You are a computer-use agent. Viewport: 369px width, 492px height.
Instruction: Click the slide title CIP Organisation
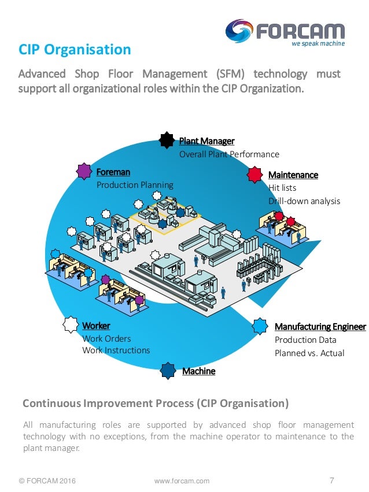coord(75,49)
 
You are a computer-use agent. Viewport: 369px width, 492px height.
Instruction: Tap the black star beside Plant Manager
coord(167,140)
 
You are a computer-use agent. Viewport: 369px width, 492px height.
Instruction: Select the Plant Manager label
coord(206,141)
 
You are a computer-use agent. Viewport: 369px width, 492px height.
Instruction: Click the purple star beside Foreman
coord(84,171)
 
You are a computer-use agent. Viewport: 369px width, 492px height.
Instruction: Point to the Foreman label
coord(113,172)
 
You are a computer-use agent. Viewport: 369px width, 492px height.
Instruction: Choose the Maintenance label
coord(293,175)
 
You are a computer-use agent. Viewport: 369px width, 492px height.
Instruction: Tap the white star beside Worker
coord(71,325)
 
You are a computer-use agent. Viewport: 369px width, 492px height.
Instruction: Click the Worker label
coord(96,325)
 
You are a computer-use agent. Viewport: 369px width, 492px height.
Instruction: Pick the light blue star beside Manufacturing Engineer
coord(260,326)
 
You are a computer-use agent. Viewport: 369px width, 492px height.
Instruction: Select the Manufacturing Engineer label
coord(320,327)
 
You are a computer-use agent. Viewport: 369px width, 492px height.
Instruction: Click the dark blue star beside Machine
coord(168,371)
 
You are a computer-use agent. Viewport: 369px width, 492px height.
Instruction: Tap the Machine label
coord(198,371)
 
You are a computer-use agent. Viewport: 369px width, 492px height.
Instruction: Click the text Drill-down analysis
coord(304,201)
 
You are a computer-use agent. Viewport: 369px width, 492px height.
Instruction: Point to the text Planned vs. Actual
coord(309,353)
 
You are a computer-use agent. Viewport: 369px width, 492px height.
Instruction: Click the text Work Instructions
coord(116,350)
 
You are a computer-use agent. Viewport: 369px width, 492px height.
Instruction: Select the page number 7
coord(331,480)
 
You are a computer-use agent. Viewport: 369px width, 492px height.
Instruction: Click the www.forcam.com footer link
coord(182,481)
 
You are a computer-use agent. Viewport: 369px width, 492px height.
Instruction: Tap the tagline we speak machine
coord(318,44)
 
